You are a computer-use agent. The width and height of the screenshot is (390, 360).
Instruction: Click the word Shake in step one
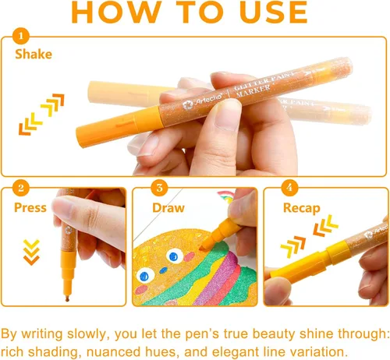(x=34, y=55)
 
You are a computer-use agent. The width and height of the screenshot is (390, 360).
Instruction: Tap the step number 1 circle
(x=21, y=36)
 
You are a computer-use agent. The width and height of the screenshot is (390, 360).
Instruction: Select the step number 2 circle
(x=21, y=188)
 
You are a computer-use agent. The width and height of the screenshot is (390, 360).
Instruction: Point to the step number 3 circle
(x=159, y=188)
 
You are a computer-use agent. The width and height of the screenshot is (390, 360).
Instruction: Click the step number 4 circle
(x=289, y=188)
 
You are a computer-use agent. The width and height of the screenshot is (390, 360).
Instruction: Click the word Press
(x=30, y=208)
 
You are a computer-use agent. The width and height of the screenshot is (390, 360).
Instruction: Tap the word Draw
(x=168, y=208)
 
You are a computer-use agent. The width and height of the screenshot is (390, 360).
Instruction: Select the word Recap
(x=302, y=208)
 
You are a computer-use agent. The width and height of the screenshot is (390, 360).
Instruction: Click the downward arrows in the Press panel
(x=31, y=252)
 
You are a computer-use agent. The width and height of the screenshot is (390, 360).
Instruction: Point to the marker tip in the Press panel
(x=67, y=299)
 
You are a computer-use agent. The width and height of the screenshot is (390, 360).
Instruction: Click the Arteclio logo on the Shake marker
(x=202, y=101)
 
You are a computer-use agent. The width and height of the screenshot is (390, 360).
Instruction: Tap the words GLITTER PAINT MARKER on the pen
(x=263, y=83)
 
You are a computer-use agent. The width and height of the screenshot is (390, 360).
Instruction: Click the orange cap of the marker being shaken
(x=119, y=127)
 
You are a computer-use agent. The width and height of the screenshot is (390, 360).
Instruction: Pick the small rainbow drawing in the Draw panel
(x=225, y=196)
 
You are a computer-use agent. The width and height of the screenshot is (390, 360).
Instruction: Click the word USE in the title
(x=274, y=12)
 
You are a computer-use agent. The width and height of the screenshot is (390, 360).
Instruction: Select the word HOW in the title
(x=116, y=12)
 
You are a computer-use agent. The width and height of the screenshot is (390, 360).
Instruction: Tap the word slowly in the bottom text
(x=87, y=334)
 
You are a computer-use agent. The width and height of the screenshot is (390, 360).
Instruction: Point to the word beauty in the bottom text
(x=274, y=334)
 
